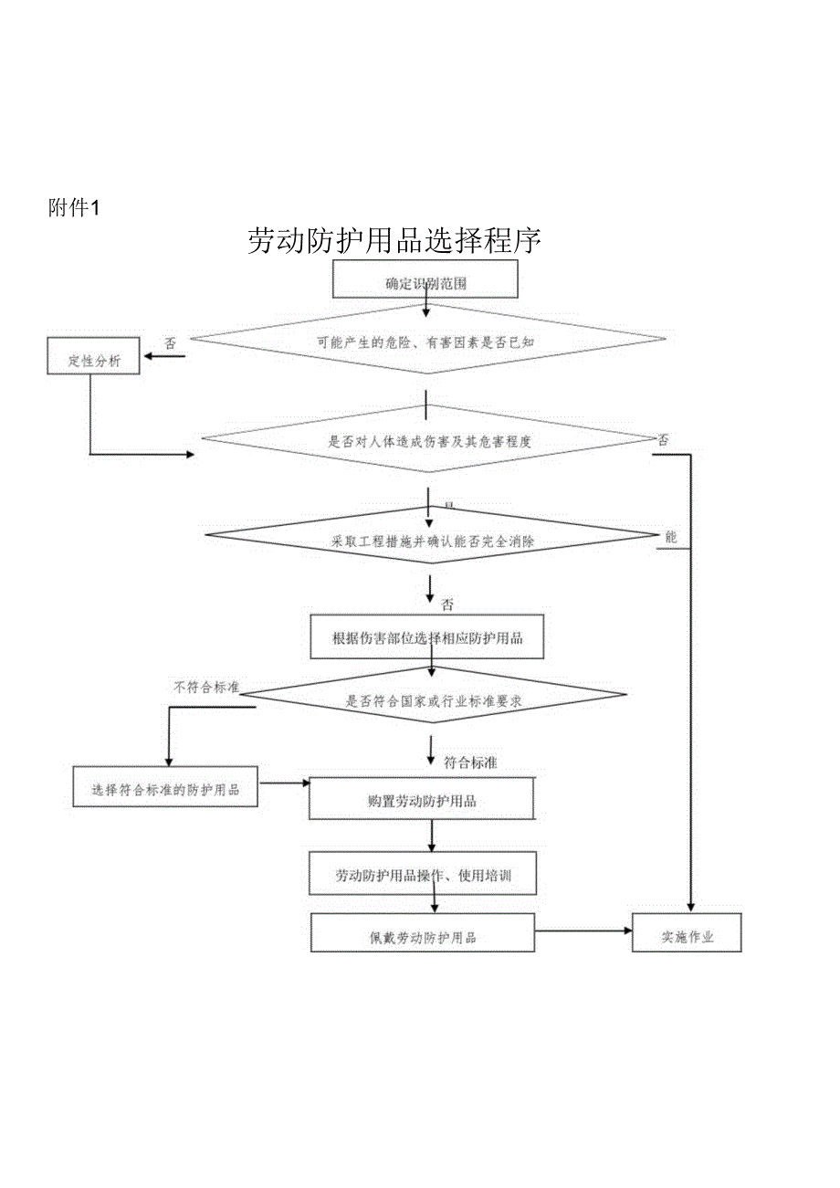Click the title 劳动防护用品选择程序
394,240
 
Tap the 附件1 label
72,208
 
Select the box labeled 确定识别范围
425,279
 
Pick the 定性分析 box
93,357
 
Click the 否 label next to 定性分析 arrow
171,343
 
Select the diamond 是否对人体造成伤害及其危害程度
427,440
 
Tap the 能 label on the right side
671,537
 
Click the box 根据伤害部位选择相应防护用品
428,637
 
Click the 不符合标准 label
206,687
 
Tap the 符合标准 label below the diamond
470,762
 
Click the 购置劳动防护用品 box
422,799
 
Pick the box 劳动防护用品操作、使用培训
423,874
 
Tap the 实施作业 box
687,934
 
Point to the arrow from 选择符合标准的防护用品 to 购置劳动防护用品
284,783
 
